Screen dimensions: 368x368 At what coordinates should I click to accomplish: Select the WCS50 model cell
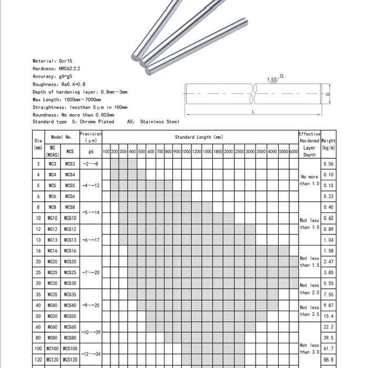click(70, 316)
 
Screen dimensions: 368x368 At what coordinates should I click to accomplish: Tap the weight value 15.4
click(329, 316)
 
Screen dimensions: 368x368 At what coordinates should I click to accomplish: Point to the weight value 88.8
click(329, 360)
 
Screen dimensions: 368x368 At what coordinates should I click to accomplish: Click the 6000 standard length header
click(293, 152)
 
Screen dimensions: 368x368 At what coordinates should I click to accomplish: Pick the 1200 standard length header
click(196, 152)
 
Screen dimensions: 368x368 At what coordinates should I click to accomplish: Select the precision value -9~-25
click(90, 305)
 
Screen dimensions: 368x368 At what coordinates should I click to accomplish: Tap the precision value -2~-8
click(90, 164)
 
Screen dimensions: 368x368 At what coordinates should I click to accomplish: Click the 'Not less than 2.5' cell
click(310, 311)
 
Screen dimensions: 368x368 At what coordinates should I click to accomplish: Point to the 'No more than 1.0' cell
click(310, 180)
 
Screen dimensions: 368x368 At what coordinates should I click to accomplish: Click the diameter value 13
click(38, 240)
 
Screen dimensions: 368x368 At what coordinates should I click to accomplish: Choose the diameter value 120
click(38, 360)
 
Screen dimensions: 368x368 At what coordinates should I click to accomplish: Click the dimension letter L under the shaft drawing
click(253, 112)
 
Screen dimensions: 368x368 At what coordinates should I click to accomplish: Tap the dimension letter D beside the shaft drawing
click(328, 94)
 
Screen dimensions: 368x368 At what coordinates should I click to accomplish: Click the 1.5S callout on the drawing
click(272, 79)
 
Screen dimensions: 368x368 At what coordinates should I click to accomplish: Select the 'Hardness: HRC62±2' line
click(56, 69)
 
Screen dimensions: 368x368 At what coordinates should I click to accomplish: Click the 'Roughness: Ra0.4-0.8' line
click(58, 84)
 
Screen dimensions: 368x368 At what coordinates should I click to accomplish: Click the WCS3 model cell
click(70, 164)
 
